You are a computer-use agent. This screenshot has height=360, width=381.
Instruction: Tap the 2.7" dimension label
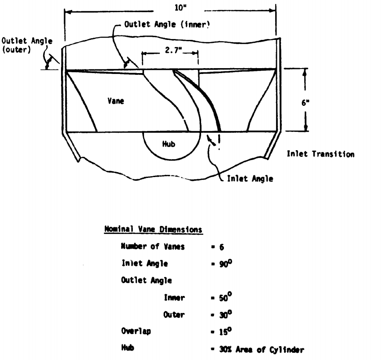169,52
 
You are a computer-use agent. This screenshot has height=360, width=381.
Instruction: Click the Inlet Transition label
320,154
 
